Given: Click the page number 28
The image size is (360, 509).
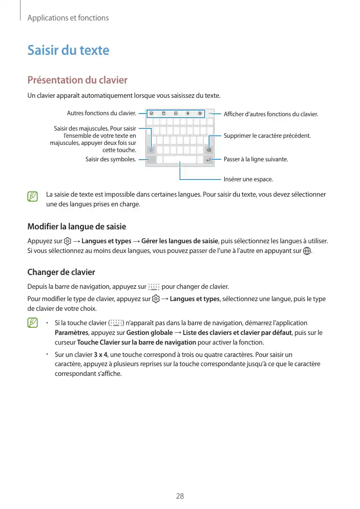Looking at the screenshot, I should click(180, 496).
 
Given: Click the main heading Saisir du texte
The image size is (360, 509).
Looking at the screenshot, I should click(68, 50).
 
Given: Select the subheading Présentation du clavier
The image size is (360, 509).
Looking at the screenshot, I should click(77, 80).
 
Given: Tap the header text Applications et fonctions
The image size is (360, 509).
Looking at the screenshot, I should click(68, 18).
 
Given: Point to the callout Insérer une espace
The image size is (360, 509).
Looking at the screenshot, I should click(248, 180).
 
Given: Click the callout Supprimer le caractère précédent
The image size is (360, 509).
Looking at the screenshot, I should click(267, 136).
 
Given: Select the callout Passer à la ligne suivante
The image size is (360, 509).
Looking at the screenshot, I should click(256, 159).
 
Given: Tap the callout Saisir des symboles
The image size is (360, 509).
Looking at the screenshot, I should click(111, 159).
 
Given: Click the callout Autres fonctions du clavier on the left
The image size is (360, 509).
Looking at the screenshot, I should click(101, 113).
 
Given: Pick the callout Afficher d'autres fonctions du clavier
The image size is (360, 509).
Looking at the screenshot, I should click(271, 114).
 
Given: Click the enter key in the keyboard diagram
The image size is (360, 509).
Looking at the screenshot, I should click(208, 160).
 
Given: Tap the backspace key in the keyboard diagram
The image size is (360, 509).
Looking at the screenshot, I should click(209, 151).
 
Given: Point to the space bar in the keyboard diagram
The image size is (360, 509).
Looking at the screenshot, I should click(180, 160).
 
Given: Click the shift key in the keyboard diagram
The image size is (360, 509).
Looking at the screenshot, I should click(151, 151).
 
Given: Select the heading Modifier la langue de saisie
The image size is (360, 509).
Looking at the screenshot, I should click(76, 226).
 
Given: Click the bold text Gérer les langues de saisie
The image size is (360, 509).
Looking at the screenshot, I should click(180, 241).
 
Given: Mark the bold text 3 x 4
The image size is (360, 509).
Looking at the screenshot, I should click(101, 355).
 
